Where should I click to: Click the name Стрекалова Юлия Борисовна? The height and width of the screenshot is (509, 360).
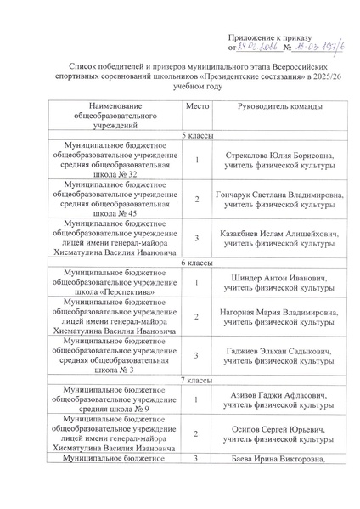[277, 156]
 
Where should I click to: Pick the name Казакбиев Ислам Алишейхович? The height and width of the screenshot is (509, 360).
[277, 232]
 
